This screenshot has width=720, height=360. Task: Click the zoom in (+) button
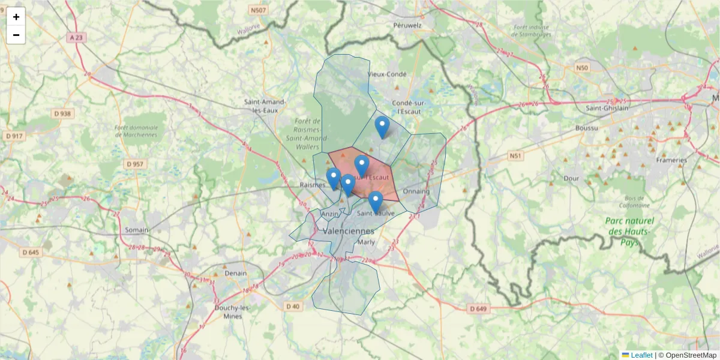coord(16,17)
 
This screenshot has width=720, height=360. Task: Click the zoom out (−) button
coord(16,35)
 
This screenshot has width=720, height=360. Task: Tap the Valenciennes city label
coord(348,231)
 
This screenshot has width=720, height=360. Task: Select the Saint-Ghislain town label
coord(607,108)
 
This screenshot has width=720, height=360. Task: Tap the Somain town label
coord(137,230)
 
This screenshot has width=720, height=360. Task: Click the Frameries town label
coord(671,160)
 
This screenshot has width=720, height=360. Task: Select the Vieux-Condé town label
coord(386,74)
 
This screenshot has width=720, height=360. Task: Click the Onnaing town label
coord(416,191)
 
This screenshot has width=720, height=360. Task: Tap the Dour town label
coord(571,178)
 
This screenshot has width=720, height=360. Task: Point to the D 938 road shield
coord(62,113)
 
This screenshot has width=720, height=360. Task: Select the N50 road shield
coord(581,68)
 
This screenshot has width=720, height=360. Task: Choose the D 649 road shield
coord(478,309)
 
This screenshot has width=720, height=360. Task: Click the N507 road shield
coord(259,11)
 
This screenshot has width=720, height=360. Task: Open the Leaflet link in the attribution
coord(641,355)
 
